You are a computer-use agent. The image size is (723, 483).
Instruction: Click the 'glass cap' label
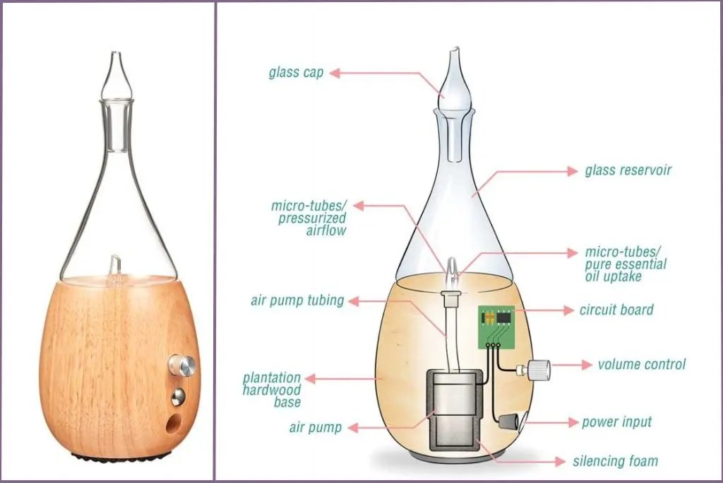[x=296, y=73]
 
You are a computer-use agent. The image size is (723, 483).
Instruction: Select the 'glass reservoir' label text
[x=628, y=171]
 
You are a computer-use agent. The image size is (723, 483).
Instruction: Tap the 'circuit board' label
[x=616, y=309]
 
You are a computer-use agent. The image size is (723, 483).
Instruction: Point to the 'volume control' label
[x=641, y=365]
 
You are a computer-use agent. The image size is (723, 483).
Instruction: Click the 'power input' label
[x=616, y=422]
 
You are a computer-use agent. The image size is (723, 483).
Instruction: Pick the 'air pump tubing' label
[x=297, y=301]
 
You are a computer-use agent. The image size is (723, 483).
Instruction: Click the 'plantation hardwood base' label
[x=272, y=390]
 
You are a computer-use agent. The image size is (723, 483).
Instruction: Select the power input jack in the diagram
[x=513, y=424]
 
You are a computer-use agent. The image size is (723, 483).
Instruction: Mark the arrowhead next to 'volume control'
[x=587, y=365]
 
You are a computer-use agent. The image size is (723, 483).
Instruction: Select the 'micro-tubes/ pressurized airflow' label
[x=309, y=218]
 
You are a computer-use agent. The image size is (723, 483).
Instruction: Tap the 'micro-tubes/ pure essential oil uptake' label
[x=626, y=264]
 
